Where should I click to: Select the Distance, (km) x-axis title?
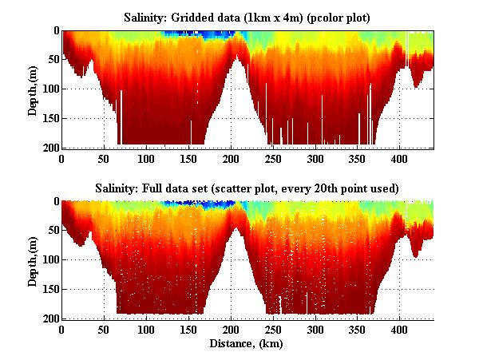[247, 345]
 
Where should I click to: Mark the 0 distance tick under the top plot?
[62, 159]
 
